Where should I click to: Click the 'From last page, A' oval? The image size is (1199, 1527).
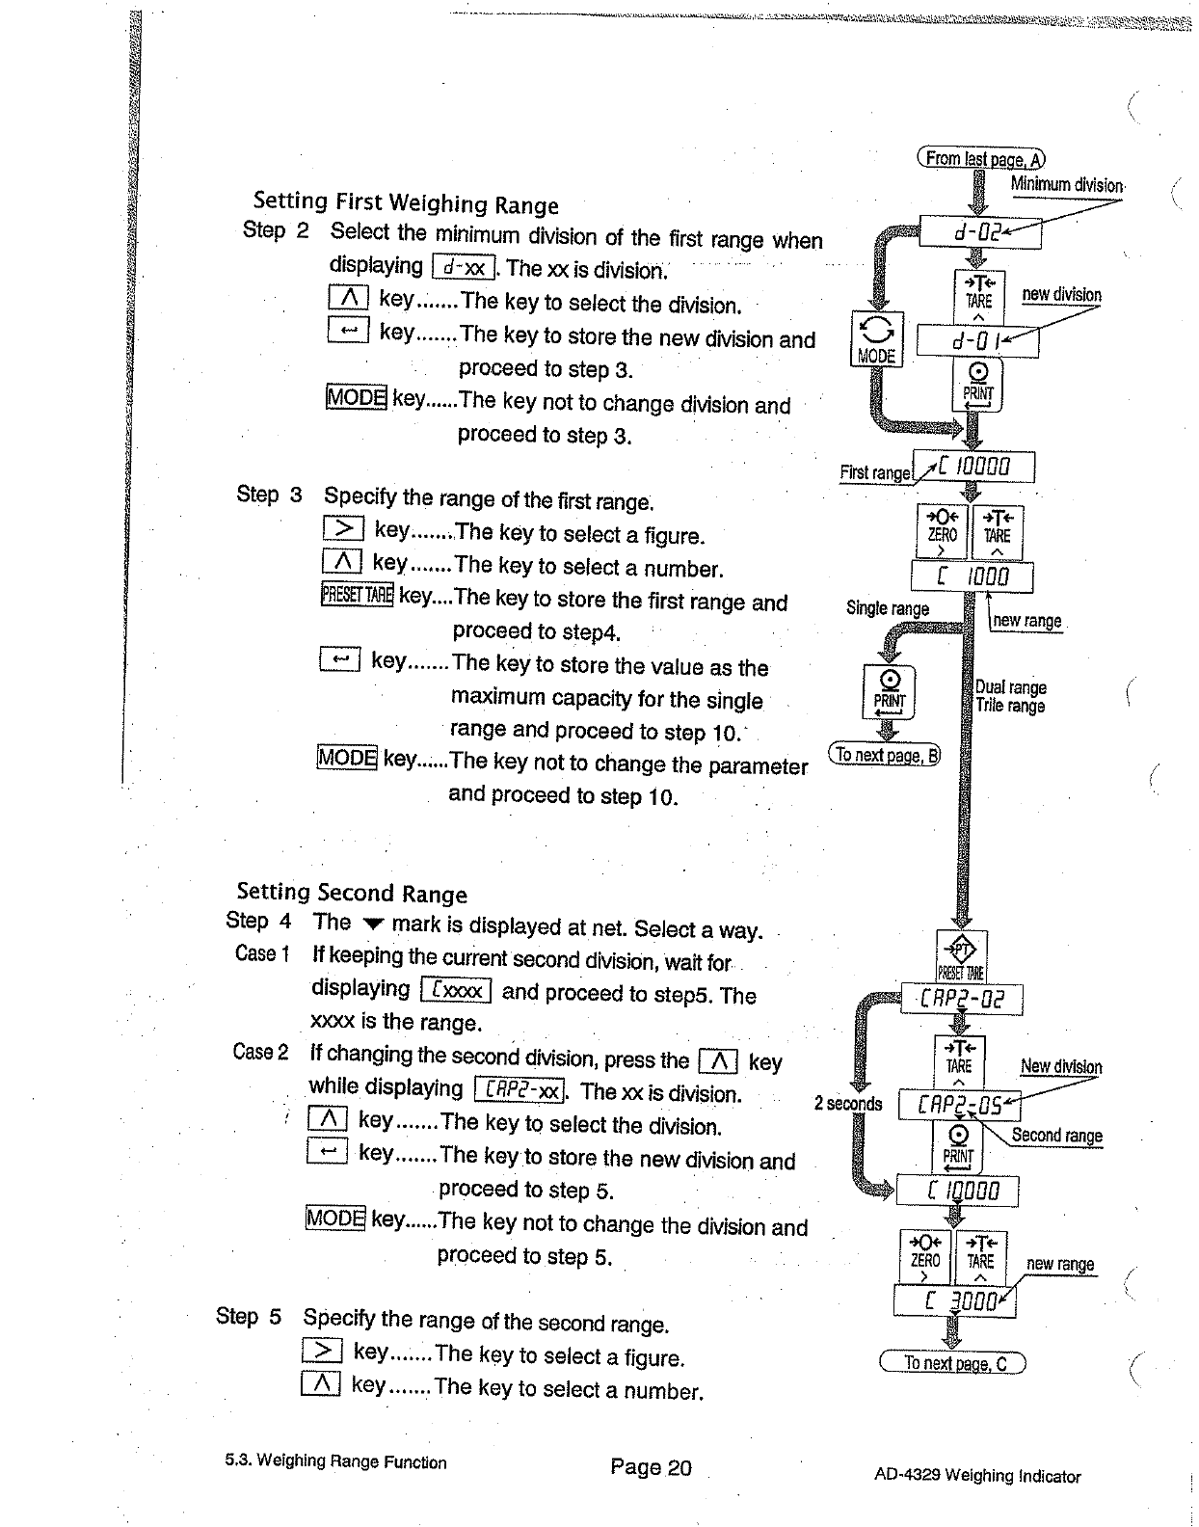(x=980, y=159)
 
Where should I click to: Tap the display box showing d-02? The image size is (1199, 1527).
(x=980, y=232)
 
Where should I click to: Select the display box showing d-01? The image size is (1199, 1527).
(x=977, y=341)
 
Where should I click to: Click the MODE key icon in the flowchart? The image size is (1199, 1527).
(x=876, y=339)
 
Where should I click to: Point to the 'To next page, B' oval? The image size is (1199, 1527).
(x=885, y=755)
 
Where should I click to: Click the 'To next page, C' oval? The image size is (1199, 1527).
(x=952, y=1363)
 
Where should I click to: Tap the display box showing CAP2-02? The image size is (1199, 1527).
(x=962, y=999)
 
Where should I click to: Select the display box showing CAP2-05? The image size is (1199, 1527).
(x=959, y=1106)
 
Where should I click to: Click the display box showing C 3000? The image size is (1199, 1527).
(x=954, y=1301)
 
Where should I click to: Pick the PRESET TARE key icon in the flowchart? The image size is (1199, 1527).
(x=962, y=956)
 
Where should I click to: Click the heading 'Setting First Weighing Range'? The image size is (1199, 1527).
(x=405, y=203)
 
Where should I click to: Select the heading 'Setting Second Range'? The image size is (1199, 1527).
(x=351, y=893)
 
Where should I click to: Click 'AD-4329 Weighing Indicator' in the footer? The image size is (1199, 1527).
(x=977, y=1475)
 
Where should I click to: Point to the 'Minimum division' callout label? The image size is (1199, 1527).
(x=1067, y=184)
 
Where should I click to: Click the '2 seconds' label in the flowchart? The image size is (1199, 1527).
(x=848, y=1103)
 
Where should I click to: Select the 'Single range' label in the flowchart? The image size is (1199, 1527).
(x=887, y=608)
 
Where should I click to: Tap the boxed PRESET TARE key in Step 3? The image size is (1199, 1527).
(x=357, y=595)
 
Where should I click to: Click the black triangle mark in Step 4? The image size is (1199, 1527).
(x=372, y=924)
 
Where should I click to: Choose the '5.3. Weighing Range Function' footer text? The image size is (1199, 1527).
(x=335, y=1460)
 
